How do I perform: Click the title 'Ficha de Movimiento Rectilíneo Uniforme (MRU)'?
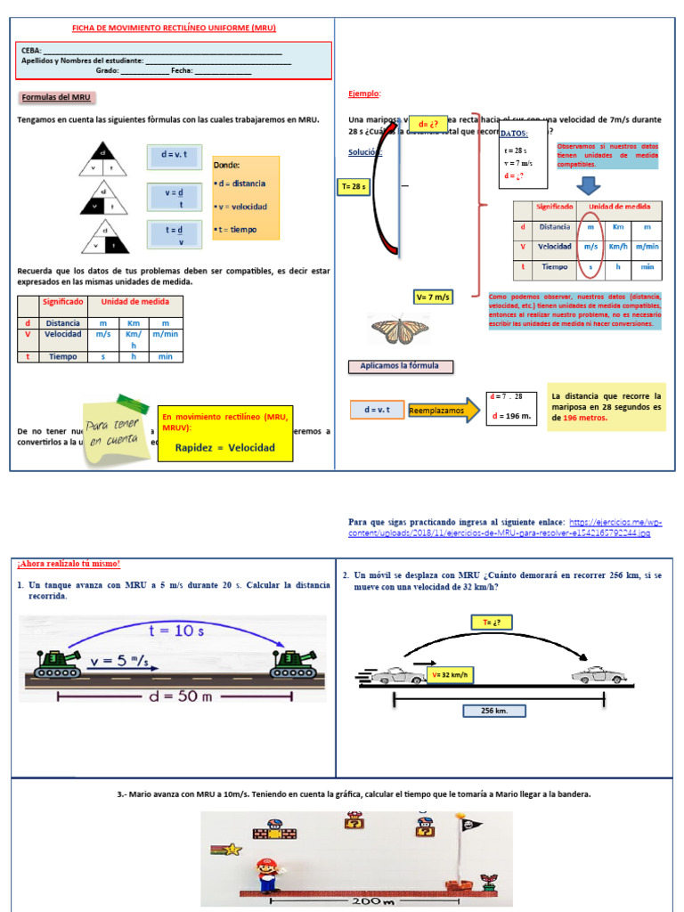click(174, 28)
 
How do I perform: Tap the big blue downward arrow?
click(585, 185)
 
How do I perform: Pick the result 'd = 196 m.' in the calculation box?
click(509, 416)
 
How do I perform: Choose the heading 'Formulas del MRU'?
click(55, 97)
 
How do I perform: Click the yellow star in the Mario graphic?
click(234, 849)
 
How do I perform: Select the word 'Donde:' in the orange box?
click(227, 165)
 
